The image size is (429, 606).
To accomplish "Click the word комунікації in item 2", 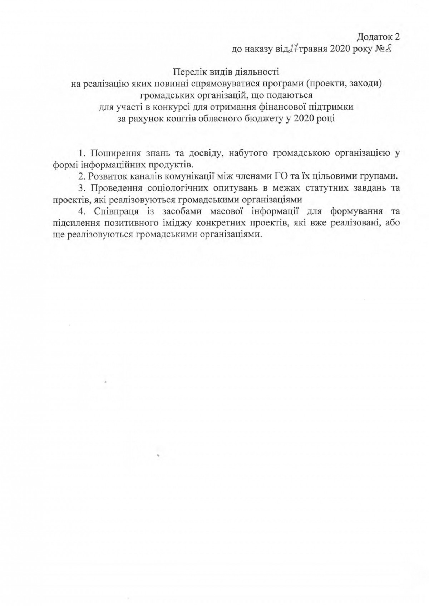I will (x=186, y=176).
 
